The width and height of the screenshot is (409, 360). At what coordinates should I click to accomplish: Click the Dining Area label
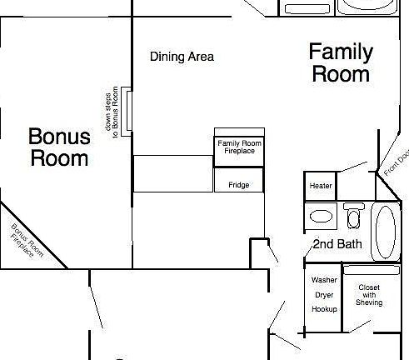point(182,57)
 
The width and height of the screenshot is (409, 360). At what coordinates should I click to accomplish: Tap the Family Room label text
point(340,62)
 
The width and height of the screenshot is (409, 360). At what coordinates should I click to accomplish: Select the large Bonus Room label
point(59,146)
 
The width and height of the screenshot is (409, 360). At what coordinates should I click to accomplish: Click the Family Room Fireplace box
point(240,147)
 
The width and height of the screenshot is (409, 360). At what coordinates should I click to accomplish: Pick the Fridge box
point(239,185)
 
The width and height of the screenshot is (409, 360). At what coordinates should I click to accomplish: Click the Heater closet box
point(320,186)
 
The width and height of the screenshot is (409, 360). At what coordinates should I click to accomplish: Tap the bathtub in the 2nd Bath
point(386,232)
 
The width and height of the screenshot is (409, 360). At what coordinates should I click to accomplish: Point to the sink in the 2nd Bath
point(320,218)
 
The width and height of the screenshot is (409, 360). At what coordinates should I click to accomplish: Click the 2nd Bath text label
point(337,244)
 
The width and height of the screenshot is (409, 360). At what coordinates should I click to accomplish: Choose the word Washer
point(323,280)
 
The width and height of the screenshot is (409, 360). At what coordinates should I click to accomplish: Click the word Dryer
point(323,294)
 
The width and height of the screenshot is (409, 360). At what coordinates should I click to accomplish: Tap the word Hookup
point(323,308)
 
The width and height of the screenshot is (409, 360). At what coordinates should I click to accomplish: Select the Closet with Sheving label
point(368,295)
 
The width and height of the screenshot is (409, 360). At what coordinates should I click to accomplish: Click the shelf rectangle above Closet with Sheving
point(370,270)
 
